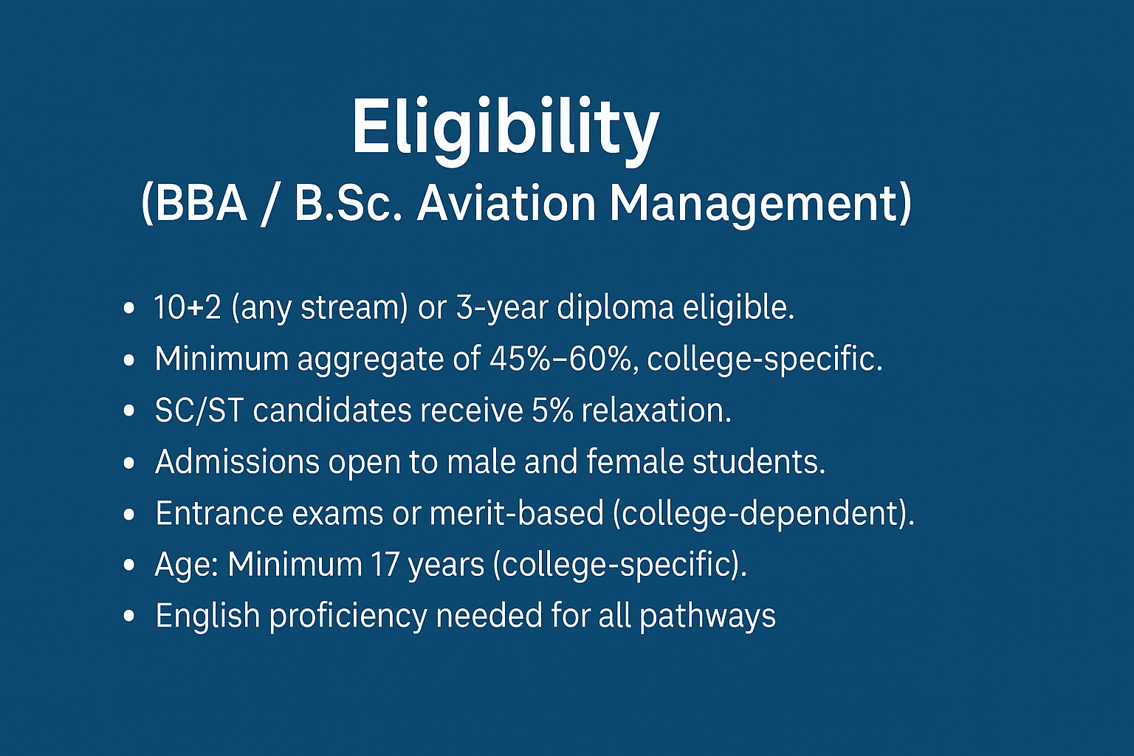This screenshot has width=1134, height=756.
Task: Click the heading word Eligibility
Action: (x=505, y=127)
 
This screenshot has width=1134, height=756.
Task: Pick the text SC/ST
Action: (x=199, y=410)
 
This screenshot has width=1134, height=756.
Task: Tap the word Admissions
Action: (x=237, y=462)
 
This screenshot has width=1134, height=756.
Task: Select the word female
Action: (x=634, y=462)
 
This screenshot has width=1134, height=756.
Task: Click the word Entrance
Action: (x=219, y=514)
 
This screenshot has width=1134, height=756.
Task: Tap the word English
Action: (x=207, y=616)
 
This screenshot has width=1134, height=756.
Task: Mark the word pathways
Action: (x=707, y=616)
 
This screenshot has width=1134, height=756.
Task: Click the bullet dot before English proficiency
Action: (x=130, y=616)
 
